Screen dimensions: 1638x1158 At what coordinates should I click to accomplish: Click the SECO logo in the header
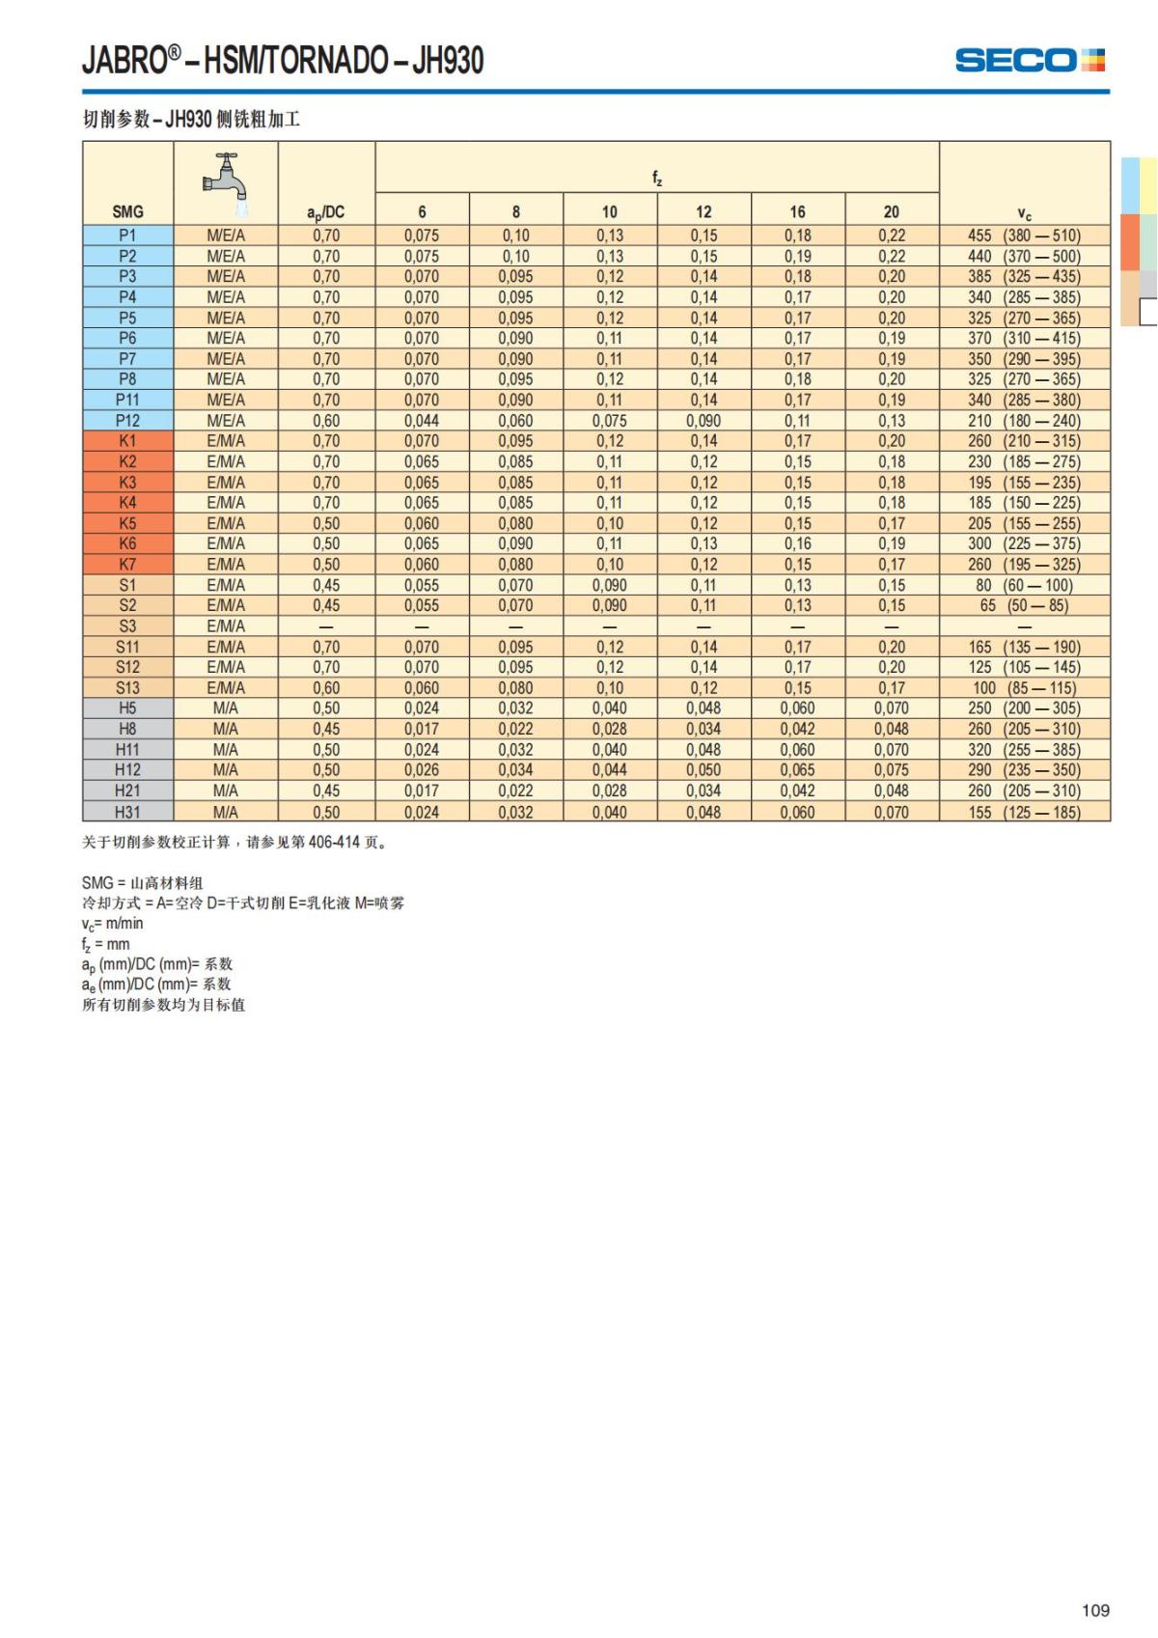pos(1029,60)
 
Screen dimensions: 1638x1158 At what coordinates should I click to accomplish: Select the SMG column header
pos(127,211)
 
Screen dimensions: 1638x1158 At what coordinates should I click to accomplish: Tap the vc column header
pos(1024,213)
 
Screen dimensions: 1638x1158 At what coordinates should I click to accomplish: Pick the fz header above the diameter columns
pos(657,178)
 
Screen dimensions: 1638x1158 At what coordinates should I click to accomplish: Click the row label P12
pos(127,421)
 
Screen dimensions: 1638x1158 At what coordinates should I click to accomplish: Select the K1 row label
pos(127,441)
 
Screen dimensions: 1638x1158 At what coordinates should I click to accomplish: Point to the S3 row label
pos(127,626)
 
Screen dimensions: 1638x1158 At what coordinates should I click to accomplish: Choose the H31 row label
pos(127,812)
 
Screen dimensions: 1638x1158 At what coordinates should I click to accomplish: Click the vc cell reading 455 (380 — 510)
pos(1024,236)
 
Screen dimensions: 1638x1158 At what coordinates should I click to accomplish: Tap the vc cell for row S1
pos(1024,585)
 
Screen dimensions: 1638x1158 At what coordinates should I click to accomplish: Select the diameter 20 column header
pos(892,211)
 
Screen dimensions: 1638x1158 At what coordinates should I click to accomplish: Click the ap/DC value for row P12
pos(326,421)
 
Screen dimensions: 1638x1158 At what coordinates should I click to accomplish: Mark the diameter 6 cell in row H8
pos(422,729)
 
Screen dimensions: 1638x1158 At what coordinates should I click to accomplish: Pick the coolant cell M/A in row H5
pos(226,708)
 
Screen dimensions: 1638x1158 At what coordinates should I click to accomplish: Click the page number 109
pos(1095,1610)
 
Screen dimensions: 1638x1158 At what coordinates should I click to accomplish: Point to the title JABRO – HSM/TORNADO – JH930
pos(283,61)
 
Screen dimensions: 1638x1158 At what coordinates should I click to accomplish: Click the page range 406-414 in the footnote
pos(334,842)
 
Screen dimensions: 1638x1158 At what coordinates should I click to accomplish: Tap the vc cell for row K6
pos(1024,543)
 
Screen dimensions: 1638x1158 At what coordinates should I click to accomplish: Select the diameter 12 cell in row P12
pos(703,421)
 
